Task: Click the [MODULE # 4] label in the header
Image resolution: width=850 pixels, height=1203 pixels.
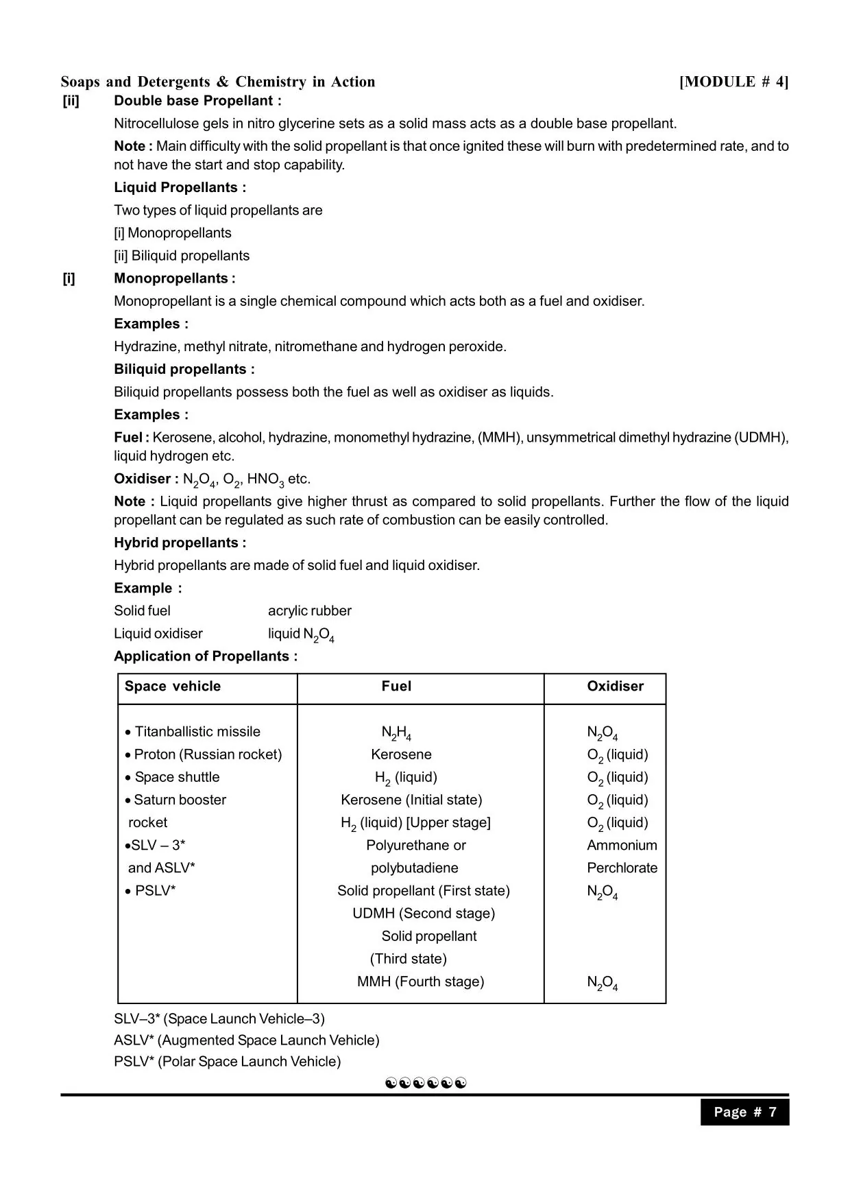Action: click(x=733, y=82)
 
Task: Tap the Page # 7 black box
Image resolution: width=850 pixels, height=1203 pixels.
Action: click(x=744, y=1112)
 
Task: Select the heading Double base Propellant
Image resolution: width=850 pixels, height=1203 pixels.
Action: click(x=197, y=101)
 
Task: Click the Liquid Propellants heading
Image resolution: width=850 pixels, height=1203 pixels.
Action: click(x=180, y=187)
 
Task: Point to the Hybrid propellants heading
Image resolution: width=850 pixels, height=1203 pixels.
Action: click(x=180, y=543)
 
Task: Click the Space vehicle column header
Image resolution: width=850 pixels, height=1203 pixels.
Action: click(x=173, y=687)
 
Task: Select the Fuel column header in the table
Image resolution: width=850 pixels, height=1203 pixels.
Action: click(x=396, y=687)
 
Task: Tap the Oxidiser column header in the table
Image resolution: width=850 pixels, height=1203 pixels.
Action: click(x=615, y=687)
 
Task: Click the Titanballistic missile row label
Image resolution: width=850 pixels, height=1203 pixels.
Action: click(x=197, y=732)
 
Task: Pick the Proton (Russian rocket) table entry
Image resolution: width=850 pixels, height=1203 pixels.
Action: click(x=208, y=754)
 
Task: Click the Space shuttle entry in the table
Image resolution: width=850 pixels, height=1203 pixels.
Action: click(x=177, y=777)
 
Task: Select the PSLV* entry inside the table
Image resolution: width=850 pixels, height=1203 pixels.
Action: click(x=155, y=891)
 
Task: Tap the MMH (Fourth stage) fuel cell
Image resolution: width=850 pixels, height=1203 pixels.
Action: click(x=420, y=981)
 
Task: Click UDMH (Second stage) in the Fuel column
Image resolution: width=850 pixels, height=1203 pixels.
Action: click(x=423, y=914)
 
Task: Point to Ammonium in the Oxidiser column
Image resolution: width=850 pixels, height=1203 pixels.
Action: click(x=622, y=846)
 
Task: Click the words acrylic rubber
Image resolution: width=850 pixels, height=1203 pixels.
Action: click(x=309, y=610)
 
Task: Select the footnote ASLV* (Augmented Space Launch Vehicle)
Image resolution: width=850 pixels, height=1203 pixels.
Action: click(x=246, y=1040)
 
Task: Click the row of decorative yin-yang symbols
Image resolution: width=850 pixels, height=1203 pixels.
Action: click(x=426, y=1083)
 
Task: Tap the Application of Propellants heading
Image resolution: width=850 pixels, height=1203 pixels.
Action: click(x=206, y=656)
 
